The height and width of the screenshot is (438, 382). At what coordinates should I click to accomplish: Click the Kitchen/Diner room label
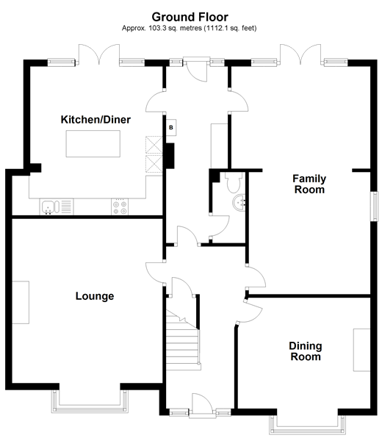tap(95, 119)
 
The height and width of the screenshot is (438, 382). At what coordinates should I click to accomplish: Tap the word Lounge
tap(95, 296)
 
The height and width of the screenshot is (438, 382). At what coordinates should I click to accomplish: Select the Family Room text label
tap(309, 184)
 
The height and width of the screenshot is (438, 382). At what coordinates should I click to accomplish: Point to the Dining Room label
tap(305, 351)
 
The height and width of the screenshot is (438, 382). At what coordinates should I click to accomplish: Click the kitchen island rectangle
tap(95, 143)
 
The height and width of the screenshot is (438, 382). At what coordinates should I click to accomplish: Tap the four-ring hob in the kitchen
tap(120, 207)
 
